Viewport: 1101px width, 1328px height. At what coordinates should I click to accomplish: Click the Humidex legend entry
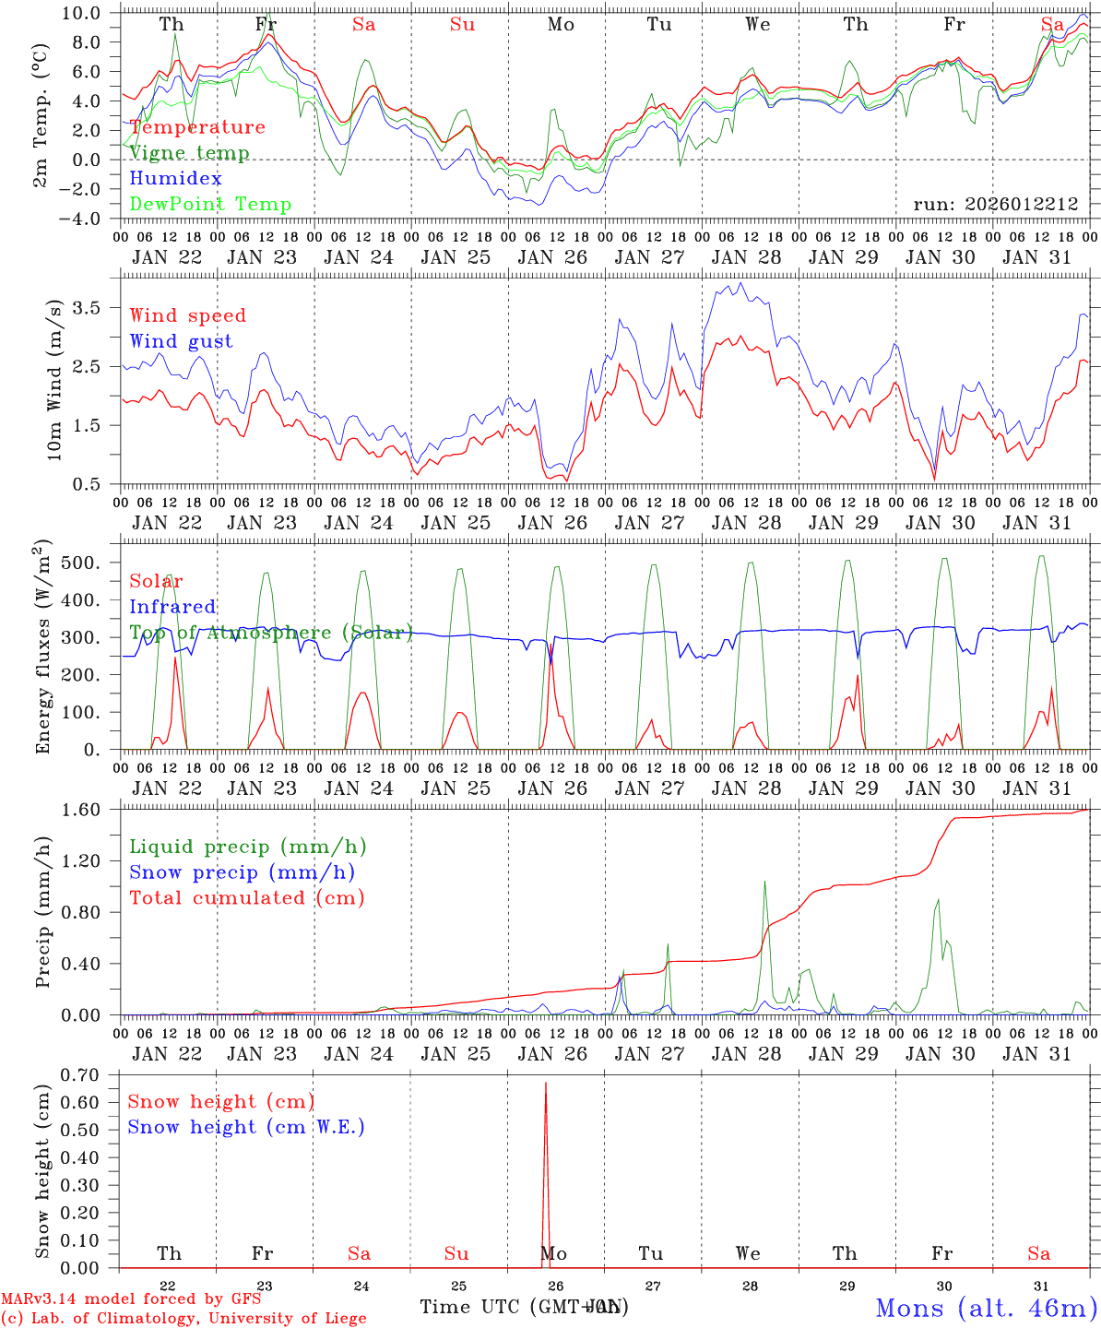175,179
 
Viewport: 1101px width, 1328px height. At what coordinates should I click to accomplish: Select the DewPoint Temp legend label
210,205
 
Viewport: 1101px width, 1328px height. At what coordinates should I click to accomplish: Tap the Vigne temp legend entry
189,153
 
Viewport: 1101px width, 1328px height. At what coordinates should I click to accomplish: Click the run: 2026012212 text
995,205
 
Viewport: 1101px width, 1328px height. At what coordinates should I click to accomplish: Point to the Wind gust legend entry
181,341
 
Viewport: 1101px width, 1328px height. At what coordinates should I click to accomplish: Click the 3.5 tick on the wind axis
101,307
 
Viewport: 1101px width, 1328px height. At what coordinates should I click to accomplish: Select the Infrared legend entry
172,607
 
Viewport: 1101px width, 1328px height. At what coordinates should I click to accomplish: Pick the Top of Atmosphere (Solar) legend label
270,633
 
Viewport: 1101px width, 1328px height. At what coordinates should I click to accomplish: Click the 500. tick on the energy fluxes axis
98,563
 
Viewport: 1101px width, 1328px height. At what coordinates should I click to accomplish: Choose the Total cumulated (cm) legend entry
246,898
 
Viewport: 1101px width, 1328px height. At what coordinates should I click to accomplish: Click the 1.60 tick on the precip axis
95,810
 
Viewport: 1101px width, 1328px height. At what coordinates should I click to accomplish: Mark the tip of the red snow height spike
546,1083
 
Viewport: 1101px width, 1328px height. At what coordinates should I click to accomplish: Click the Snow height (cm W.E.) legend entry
246,1127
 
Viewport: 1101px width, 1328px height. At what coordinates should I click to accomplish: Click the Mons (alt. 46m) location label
985,1308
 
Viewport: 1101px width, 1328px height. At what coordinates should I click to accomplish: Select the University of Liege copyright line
183,1319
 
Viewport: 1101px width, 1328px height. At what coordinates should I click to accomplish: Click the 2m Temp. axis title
41,115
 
